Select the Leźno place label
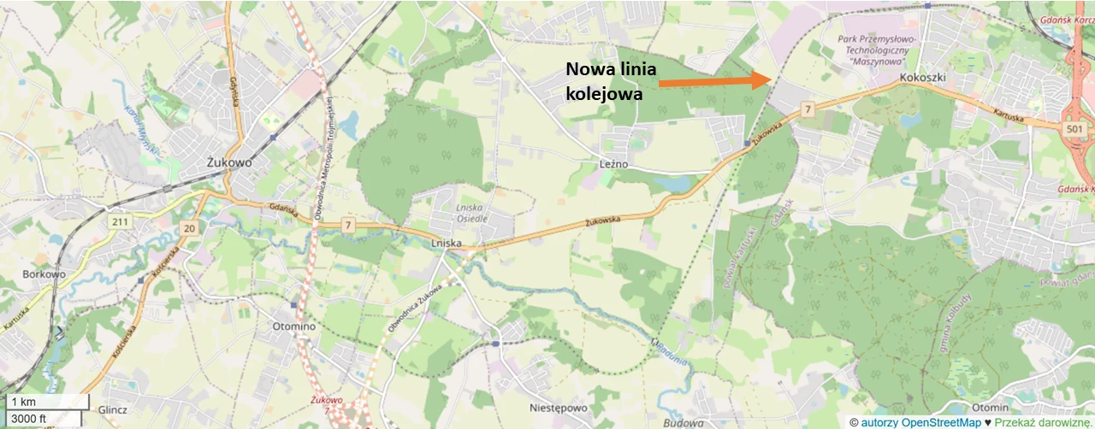614,163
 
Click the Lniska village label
447,243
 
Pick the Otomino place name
293,326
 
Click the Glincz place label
112,409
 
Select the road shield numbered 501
1075,128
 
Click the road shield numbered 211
118,222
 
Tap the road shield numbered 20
189,228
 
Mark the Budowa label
683,422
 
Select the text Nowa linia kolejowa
611,82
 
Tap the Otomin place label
991,407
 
